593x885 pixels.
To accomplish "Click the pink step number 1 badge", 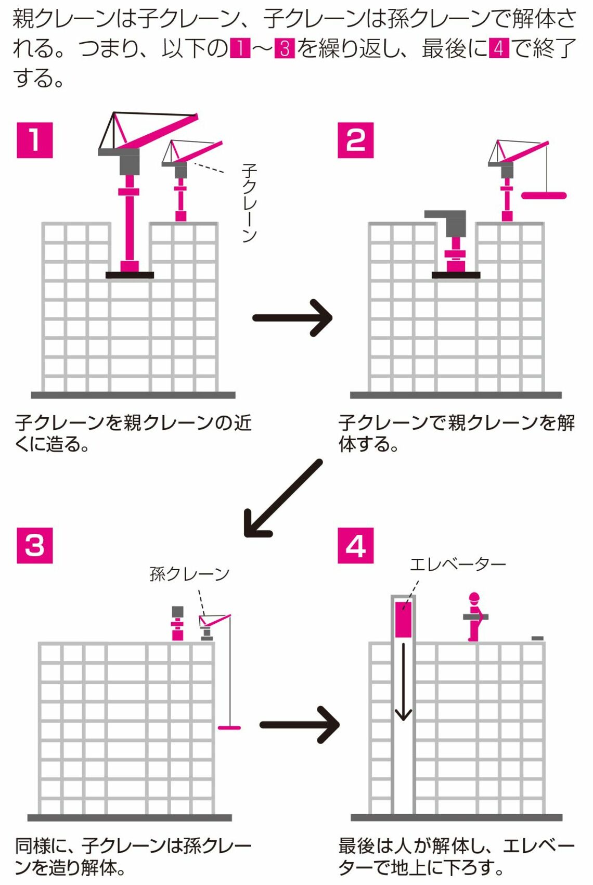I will (35, 140).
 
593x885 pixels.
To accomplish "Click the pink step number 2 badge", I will (356, 140).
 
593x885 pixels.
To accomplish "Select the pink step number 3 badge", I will (35, 545).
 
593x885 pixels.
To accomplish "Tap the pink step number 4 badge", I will (356, 545).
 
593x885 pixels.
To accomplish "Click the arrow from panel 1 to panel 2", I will (292, 317).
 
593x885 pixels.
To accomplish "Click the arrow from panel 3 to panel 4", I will (300, 724).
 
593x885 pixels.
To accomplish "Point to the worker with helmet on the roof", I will (474, 617).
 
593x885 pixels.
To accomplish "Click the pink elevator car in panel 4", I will (403, 620).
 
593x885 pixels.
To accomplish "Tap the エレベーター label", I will (458, 564).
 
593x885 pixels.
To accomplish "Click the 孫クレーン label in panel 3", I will (189, 574).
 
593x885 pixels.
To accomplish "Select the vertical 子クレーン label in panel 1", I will (249, 203).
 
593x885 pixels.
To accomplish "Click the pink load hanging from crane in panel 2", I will (544, 196).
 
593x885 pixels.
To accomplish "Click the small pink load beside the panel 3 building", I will (229, 727).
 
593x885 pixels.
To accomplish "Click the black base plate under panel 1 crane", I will (130, 275).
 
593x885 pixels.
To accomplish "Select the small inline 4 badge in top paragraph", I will (498, 48).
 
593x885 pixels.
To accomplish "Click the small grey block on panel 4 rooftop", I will (537, 638).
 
